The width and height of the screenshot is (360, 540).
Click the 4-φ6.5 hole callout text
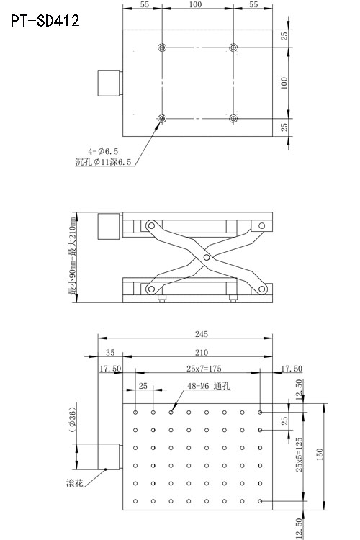pyautogui.click(x=103, y=151)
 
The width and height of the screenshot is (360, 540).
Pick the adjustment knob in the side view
pyautogui.click(x=109, y=228)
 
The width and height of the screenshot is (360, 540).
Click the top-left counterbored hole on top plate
pyautogui.click(x=163, y=48)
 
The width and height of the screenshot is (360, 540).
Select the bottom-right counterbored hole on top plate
pyautogui.click(x=233, y=118)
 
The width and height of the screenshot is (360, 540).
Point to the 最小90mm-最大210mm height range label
pyautogui.click(x=72, y=258)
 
